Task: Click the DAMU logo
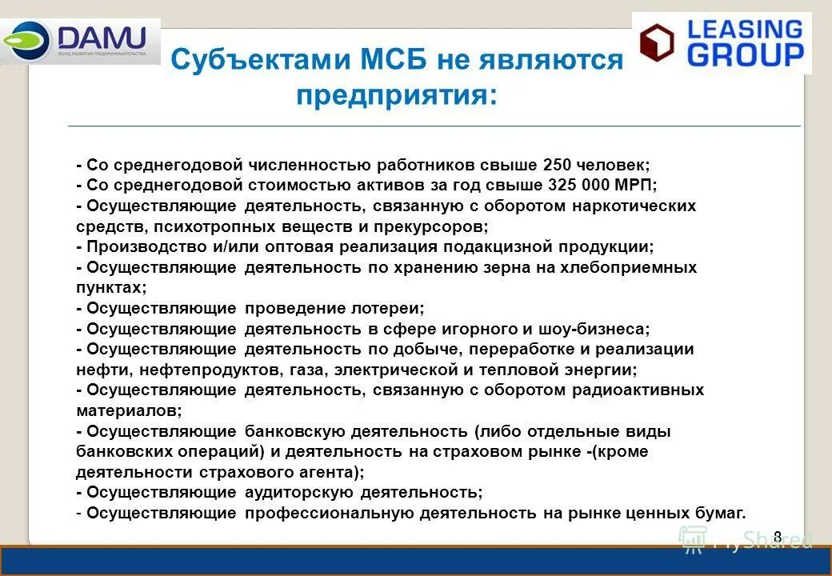pyautogui.click(x=80, y=40)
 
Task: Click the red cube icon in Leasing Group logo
pyautogui.click(x=657, y=43)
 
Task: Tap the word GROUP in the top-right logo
pyautogui.click(x=746, y=54)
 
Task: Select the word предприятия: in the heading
pyautogui.click(x=397, y=96)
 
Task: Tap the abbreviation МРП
pyautogui.click(x=635, y=185)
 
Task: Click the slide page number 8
pyautogui.click(x=777, y=537)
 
